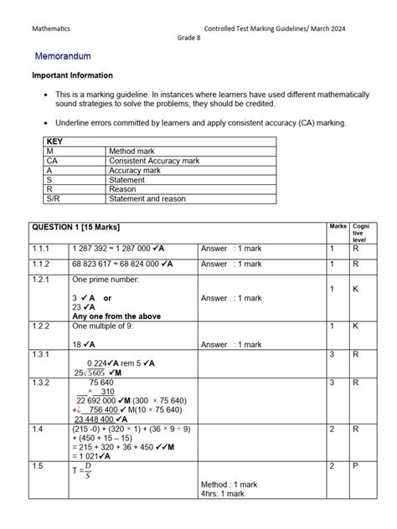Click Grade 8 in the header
click(x=189, y=39)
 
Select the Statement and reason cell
click(x=147, y=199)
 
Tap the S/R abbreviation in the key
click(x=54, y=199)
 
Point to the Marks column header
click(x=338, y=227)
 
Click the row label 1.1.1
click(x=43, y=249)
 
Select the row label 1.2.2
click(x=43, y=326)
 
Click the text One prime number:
click(x=106, y=279)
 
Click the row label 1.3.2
click(x=43, y=383)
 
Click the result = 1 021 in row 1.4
click(x=93, y=456)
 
